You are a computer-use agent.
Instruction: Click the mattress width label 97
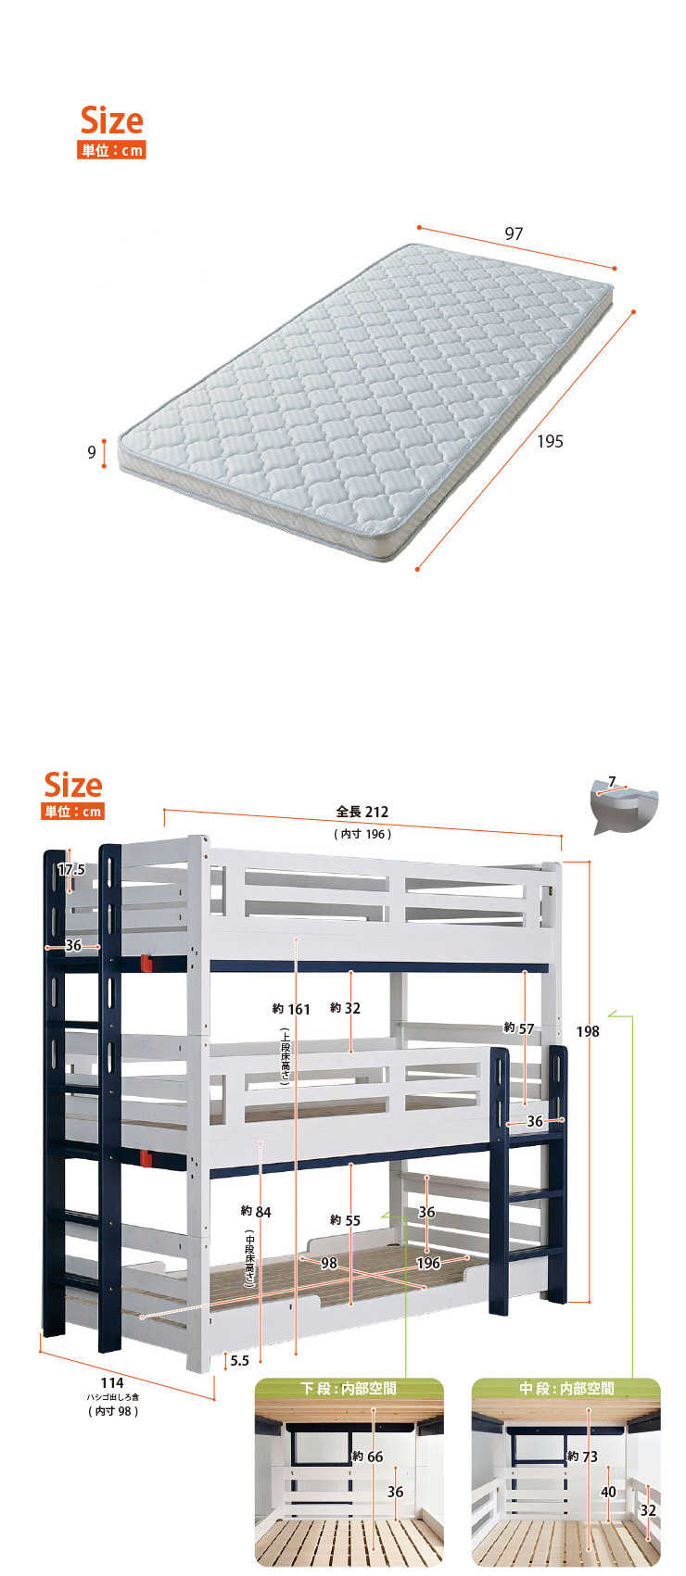click(x=514, y=233)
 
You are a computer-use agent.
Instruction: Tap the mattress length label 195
click(x=550, y=441)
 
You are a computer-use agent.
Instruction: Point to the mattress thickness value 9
click(x=92, y=452)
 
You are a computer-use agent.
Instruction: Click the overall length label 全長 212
click(x=362, y=812)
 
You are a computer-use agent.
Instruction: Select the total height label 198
click(x=588, y=1031)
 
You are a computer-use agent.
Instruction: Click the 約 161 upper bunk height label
click(x=291, y=1009)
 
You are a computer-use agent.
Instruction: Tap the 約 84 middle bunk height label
click(x=256, y=1212)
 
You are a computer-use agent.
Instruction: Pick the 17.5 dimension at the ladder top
click(x=71, y=870)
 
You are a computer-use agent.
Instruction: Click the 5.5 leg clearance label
click(x=239, y=1361)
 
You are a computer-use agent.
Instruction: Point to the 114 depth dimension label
click(x=112, y=1382)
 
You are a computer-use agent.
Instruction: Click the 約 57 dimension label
click(x=518, y=1028)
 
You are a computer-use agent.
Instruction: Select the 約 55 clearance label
click(x=345, y=1220)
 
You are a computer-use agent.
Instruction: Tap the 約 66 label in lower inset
click(x=368, y=1456)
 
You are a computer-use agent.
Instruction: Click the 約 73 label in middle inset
click(x=582, y=1456)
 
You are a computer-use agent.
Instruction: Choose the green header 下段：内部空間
click(x=349, y=1388)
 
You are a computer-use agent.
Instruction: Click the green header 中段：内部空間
click(x=566, y=1388)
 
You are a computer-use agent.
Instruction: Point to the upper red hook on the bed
click(x=146, y=964)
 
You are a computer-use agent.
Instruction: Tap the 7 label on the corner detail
click(x=612, y=781)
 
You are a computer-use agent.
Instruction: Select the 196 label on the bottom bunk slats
click(x=428, y=1263)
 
